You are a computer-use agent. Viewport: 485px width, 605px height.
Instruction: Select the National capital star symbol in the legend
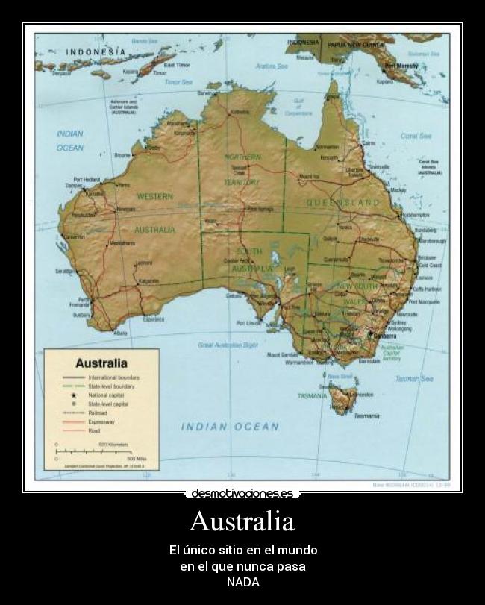73,395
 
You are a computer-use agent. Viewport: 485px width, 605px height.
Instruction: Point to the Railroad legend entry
98,412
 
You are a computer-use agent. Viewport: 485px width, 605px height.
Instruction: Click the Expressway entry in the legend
101,421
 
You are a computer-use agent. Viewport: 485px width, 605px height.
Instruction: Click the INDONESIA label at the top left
96,51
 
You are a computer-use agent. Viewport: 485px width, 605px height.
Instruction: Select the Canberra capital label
387,336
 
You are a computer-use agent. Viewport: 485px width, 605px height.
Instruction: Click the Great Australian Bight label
228,345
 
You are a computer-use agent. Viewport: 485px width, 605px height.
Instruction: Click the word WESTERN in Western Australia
154,196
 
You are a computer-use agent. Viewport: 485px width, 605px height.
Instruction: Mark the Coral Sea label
416,137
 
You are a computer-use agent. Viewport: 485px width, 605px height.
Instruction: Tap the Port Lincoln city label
249,323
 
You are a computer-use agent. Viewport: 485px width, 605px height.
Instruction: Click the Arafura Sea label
272,66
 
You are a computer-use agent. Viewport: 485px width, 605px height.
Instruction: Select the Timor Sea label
179,81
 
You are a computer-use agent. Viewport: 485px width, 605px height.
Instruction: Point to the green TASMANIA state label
312,395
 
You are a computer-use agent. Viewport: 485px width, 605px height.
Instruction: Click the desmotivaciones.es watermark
242,493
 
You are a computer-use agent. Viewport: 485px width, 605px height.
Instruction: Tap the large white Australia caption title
242,521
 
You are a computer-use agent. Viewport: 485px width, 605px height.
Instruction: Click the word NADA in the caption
242,582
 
